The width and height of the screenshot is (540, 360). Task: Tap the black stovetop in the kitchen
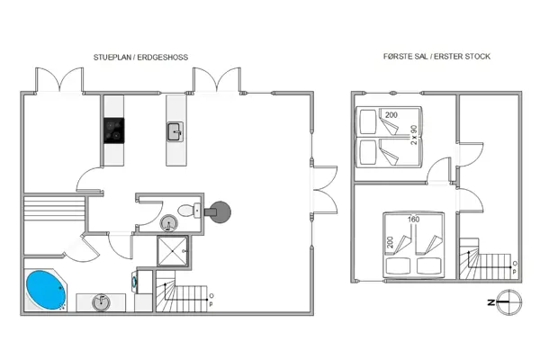pyautogui.click(x=113, y=131)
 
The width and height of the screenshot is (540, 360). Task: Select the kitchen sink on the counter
pyautogui.click(x=174, y=134)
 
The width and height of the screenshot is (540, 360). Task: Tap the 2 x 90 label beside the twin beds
pyautogui.click(x=413, y=133)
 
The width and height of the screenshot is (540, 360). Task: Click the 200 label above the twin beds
pyautogui.click(x=391, y=115)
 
